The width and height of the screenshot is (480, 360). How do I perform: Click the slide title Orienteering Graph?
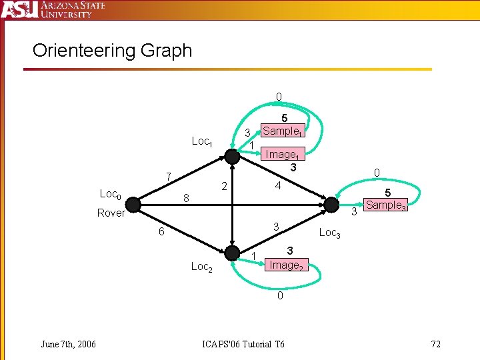click(x=112, y=51)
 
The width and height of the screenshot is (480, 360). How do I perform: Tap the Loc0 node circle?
click(x=133, y=203)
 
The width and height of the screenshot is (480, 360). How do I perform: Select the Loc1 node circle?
click(x=231, y=157)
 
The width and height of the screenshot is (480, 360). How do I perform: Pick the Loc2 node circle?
click(x=231, y=253)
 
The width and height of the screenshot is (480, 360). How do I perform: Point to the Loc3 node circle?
click(x=330, y=205)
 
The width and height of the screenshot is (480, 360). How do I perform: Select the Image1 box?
click(x=282, y=154)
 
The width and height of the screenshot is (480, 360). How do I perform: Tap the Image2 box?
click(x=286, y=264)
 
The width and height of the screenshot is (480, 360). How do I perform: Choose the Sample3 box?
click(x=385, y=205)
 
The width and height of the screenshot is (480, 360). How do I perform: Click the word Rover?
click(x=111, y=213)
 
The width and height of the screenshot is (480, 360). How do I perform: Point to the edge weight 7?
click(x=169, y=177)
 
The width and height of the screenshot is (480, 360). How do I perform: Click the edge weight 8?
click(x=187, y=198)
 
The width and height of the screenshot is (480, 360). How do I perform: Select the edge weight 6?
click(x=161, y=231)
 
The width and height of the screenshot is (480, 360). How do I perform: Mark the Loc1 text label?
click(x=201, y=141)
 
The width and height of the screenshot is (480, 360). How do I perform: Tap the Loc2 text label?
click(x=201, y=267)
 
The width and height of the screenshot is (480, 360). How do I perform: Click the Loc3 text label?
click(x=330, y=233)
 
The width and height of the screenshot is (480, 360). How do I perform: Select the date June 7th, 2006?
click(x=68, y=344)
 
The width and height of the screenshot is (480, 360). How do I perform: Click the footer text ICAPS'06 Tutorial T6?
click(x=243, y=344)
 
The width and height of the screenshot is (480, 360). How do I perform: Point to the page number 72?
click(x=436, y=344)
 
